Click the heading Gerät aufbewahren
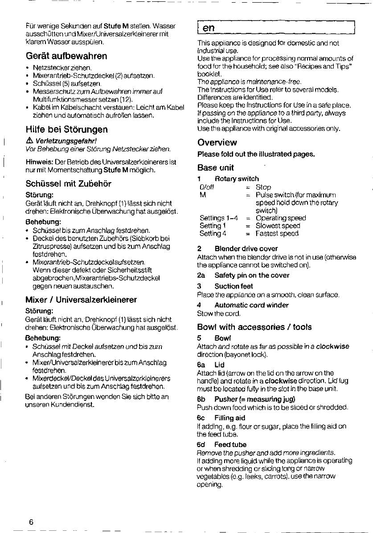coord(66,56)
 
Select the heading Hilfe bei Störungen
coord(66,130)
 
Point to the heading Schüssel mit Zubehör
coord(69,183)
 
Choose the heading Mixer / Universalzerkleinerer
coord(81,300)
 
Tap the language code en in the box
coord(209,28)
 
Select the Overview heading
coord(217,142)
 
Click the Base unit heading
coord(215,168)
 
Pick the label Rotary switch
coord(243,179)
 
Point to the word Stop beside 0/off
coord(263,187)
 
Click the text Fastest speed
coord(277,233)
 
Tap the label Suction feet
coord(234,286)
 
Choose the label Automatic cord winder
coord(251,305)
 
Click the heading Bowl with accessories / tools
coord(254,327)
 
